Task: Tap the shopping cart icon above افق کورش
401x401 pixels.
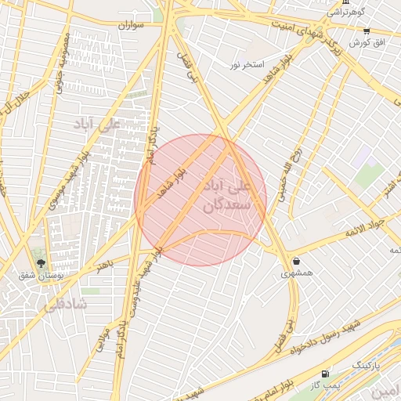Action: tap(366, 31)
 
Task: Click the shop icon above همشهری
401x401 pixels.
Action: tap(296, 261)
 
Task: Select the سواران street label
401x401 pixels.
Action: tap(132, 25)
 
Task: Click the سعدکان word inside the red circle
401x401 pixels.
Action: tap(226, 205)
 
